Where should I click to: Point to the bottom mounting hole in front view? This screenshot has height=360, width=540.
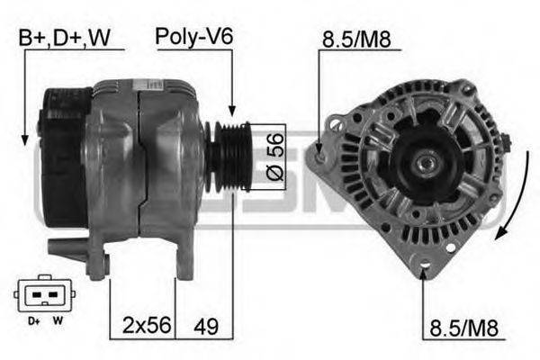(x=425, y=265)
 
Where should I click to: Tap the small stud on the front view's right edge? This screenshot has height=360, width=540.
(x=507, y=141)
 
